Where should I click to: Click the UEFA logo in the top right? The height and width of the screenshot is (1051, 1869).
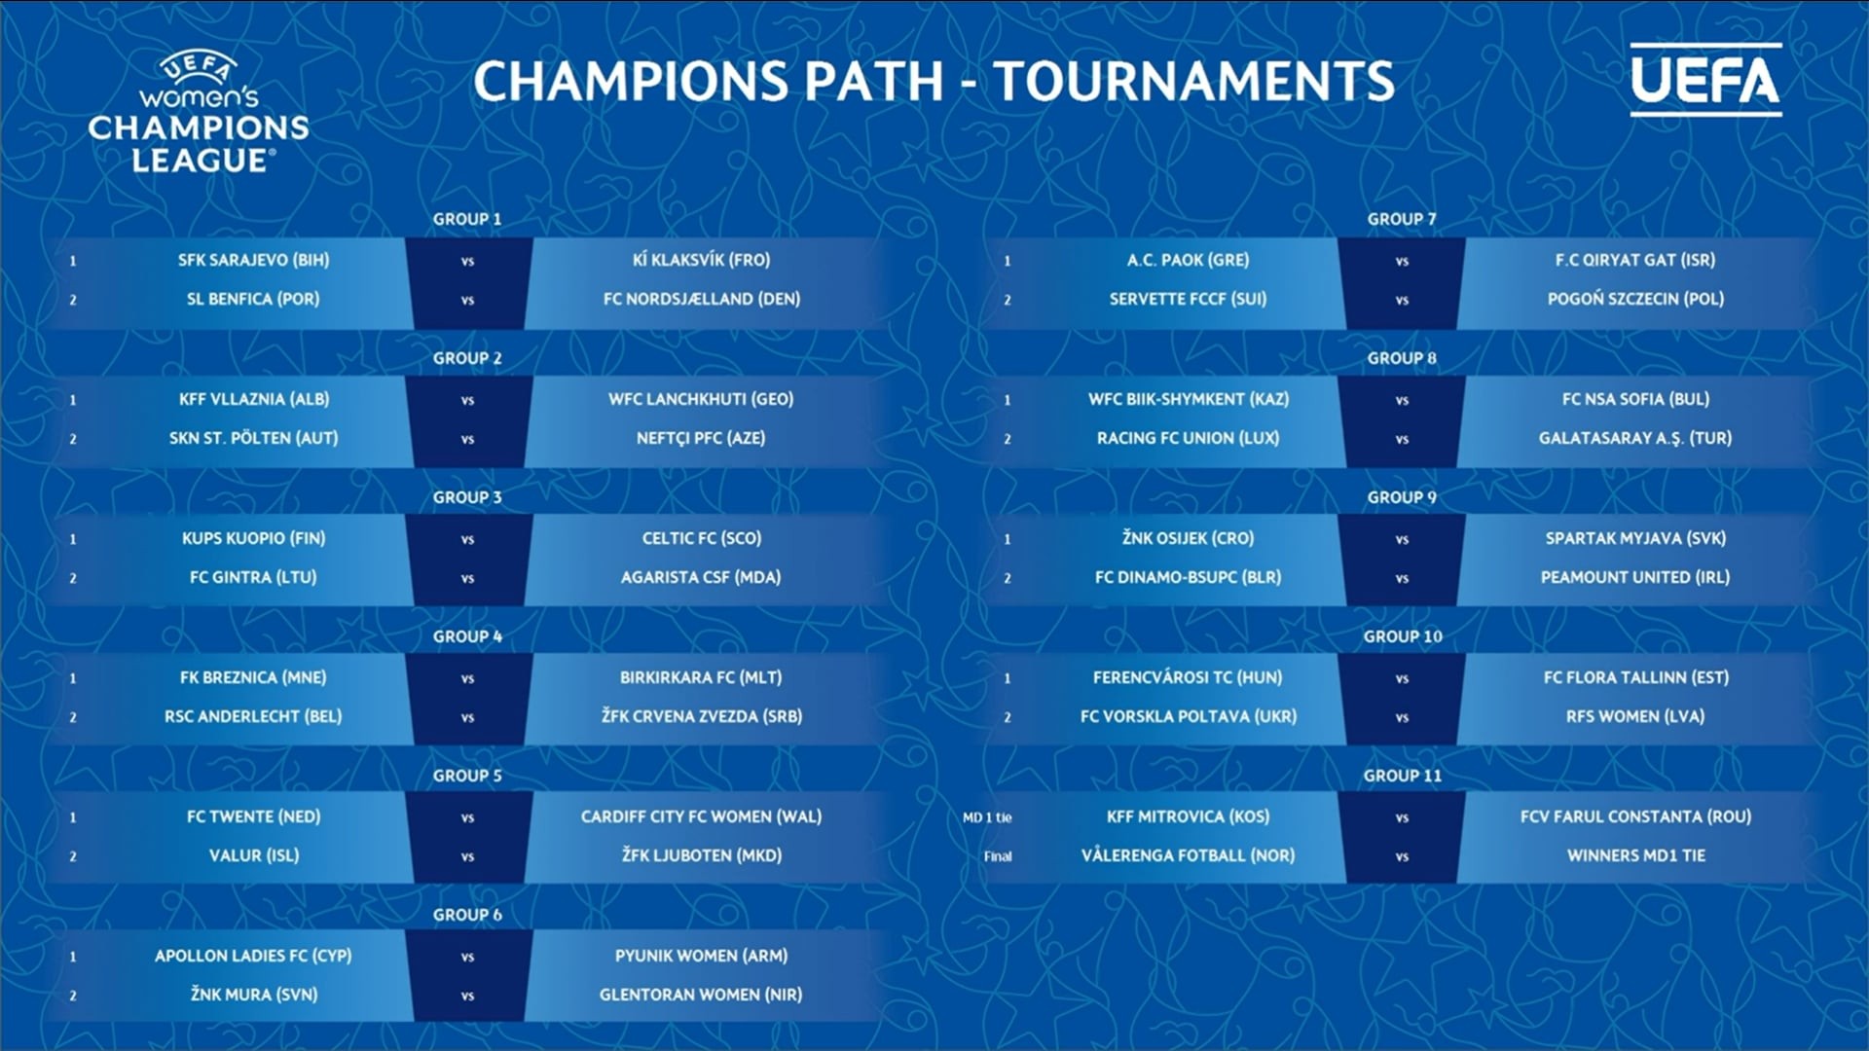[x=1705, y=80]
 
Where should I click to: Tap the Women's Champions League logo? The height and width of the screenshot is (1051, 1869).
[x=199, y=114]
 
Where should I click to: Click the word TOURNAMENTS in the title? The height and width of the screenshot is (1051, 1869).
[x=1194, y=81]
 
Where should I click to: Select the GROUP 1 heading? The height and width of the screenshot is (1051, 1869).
[x=467, y=219]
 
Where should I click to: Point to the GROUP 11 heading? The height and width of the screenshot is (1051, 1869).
[x=1402, y=776]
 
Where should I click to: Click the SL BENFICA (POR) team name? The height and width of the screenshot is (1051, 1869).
[x=253, y=299]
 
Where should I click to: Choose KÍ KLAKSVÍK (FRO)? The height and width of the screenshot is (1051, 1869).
[x=701, y=260]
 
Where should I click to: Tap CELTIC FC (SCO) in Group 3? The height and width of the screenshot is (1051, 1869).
[x=702, y=538]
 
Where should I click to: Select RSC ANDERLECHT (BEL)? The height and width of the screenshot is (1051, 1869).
[x=253, y=716]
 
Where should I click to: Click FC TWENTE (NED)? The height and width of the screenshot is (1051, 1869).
[x=253, y=816]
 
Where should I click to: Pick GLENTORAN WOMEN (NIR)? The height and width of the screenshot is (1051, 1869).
[x=701, y=995]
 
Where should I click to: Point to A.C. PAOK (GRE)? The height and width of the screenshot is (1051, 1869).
[x=1188, y=260]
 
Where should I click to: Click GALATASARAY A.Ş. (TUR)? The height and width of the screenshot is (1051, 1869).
[x=1635, y=438]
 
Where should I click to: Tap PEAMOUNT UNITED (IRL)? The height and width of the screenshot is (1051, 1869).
[x=1635, y=577]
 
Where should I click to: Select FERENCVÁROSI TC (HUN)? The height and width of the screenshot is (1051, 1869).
[x=1188, y=677]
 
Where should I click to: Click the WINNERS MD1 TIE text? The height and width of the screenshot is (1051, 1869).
[x=1636, y=855]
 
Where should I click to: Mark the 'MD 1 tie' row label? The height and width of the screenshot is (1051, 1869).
[x=987, y=817]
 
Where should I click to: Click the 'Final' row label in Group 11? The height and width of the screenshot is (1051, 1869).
[x=998, y=856]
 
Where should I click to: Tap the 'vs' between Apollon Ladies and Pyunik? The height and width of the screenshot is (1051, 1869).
[x=467, y=957]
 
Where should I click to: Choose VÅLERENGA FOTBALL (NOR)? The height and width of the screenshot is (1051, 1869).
[x=1188, y=855]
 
